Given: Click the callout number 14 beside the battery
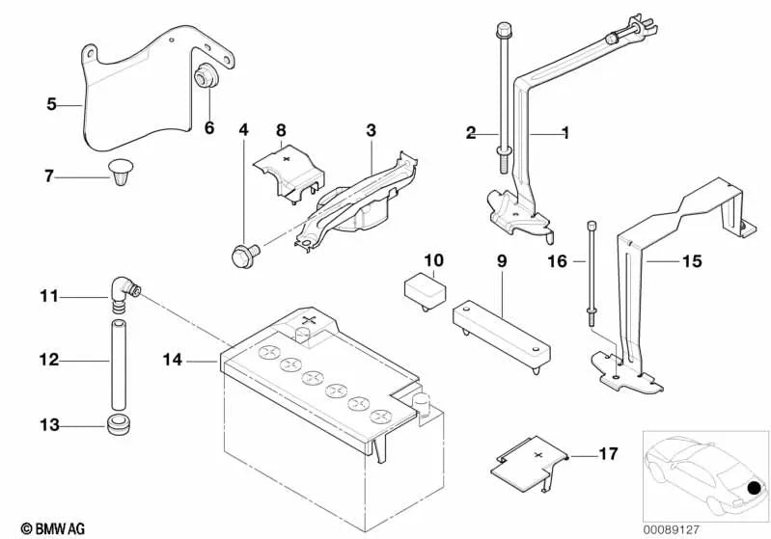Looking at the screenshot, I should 173,362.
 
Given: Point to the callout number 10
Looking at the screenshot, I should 433,260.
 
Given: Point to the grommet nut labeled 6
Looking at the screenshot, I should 206,78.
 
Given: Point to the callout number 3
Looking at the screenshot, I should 371,130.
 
